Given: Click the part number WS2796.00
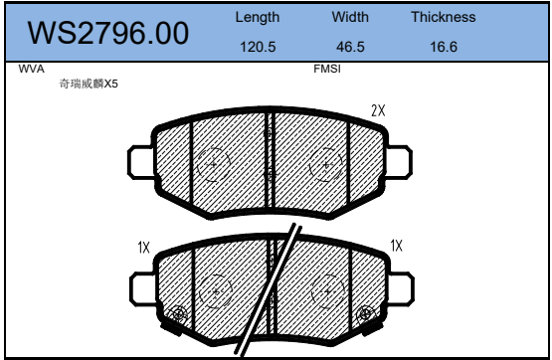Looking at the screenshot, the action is pyautogui.click(x=108, y=33).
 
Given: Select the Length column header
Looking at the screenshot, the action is pyautogui.click(x=258, y=17).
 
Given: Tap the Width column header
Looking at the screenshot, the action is pyautogui.click(x=350, y=17).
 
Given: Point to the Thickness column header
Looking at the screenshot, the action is pyautogui.click(x=444, y=17).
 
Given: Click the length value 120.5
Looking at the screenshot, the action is pyautogui.click(x=258, y=47).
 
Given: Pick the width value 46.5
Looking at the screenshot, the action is pyautogui.click(x=350, y=47).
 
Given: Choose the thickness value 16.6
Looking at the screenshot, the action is pyautogui.click(x=444, y=47).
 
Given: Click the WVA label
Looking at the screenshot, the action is pyautogui.click(x=32, y=69).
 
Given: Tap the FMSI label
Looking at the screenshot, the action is pyautogui.click(x=327, y=69).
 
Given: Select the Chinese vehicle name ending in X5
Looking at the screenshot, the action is pyautogui.click(x=89, y=84).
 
